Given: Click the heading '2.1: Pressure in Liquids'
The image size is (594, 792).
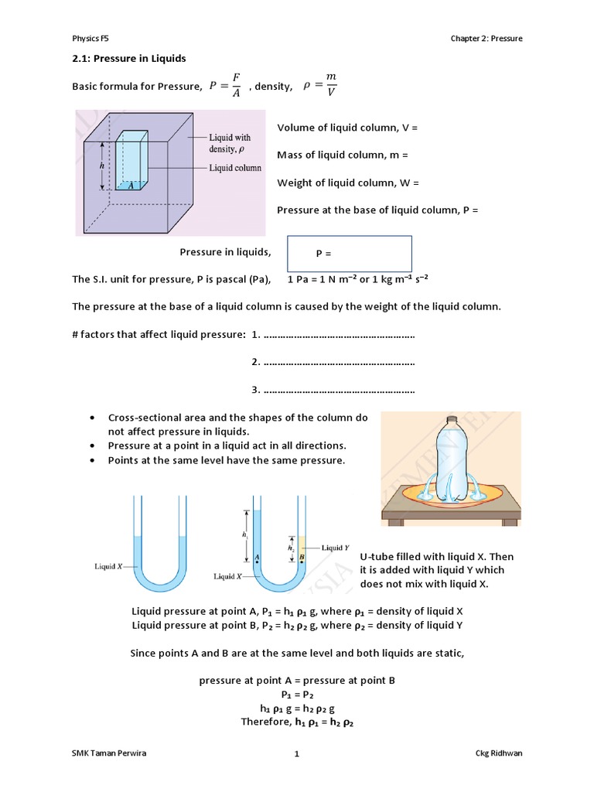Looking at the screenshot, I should coord(129,59).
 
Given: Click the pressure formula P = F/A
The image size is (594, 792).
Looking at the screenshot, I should coord(225,86).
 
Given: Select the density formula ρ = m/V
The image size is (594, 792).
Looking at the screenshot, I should coord(318,86).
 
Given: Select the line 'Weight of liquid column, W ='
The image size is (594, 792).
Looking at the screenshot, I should coord(348,183).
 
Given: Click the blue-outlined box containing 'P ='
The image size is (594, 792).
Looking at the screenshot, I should coord(350,254).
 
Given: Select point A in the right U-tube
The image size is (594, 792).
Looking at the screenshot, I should coord(256,555).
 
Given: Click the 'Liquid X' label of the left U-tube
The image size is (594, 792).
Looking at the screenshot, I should coord(110,566).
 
